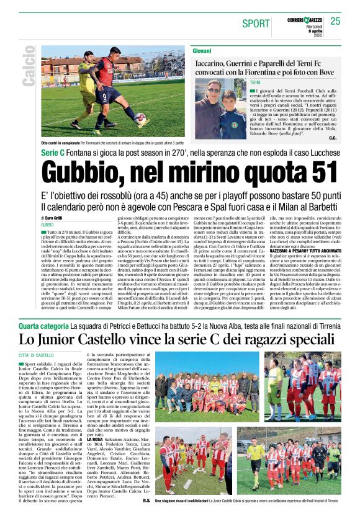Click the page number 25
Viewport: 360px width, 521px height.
335,21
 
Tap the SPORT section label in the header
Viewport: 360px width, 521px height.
256,24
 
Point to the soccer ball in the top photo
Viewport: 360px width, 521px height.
141,119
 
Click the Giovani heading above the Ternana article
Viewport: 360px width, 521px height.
202,50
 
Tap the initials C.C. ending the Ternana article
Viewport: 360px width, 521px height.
332,138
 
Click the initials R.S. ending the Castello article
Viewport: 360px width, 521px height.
146,500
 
